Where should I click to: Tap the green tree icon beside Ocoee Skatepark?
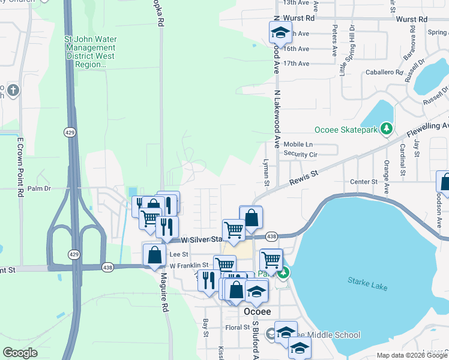coord(387,128)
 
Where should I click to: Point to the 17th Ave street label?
coord(296,64)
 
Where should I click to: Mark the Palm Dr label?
coord(44,188)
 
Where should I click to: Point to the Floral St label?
coord(238,328)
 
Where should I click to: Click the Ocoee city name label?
coord(258,313)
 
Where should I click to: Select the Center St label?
coord(364,181)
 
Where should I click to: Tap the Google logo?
coord(20,352)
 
